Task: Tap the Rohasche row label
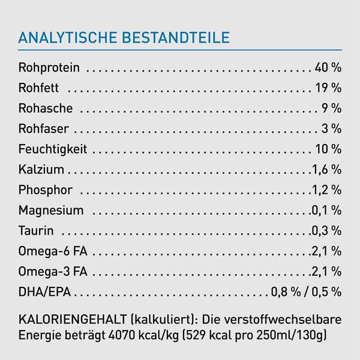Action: (x=46, y=109)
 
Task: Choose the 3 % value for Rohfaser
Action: (x=332, y=129)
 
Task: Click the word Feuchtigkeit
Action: (x=53, y=149)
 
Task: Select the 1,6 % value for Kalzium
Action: (x=326, y=170)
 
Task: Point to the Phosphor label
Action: (x=46, y=190)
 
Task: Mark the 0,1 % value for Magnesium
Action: (x=326, y=211)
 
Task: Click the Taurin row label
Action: (x=36, y=230)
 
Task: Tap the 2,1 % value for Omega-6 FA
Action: (x=326, y=251)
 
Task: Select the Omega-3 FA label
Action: (x=53, y=271)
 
